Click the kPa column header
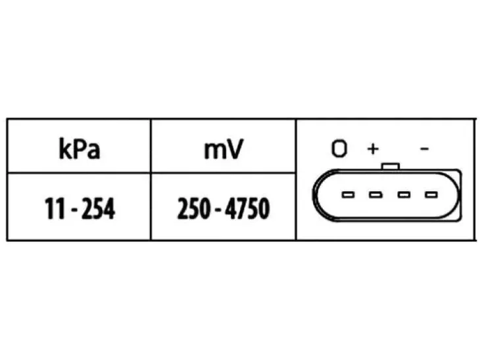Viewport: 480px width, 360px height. tap(80, 149)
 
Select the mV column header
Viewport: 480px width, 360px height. tap(224, 149)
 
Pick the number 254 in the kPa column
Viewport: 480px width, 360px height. tap(98, 209)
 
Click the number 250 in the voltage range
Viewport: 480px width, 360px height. tap(194, 209)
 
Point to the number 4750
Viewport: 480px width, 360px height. tap(247, 209)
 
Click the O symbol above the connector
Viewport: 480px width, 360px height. tap(339, 148)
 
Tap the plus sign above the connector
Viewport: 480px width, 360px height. tap(373, 149)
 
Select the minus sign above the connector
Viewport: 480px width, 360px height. tap(424, 149)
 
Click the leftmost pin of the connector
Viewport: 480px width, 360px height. tap(348, 194)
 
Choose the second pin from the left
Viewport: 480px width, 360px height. tap(375, 194)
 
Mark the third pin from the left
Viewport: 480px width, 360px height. tap(404, 194)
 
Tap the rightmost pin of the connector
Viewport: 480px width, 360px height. tap(431, 194)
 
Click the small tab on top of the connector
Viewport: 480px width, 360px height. tap(391, 166)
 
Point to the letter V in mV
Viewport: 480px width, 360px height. tap(235, 149)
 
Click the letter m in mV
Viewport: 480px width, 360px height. tap(214, 151)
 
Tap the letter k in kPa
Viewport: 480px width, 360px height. tap(65, 148)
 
